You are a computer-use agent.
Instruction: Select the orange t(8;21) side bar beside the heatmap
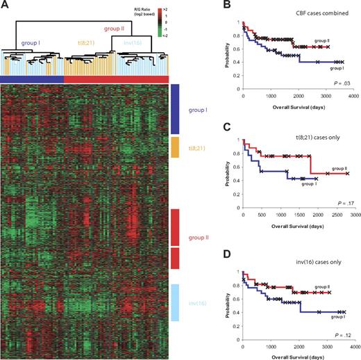point(175,147)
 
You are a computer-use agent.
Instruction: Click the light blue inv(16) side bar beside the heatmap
point(175,302)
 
